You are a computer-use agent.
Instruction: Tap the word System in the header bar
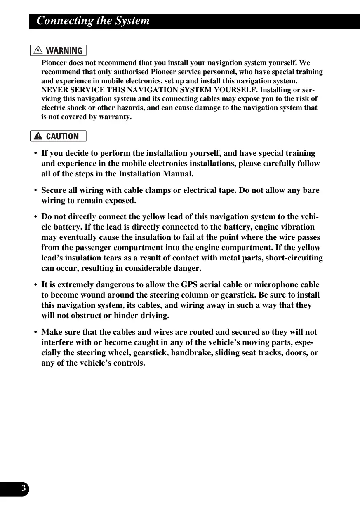pos(133,21)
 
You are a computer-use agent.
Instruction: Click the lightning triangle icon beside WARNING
pos(38,50)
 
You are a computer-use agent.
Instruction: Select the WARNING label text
pos(64,51)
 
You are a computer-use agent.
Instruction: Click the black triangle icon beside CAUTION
pos(38,136)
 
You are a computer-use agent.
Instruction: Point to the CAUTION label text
pos(62,136)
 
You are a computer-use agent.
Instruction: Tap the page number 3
pos(24,489)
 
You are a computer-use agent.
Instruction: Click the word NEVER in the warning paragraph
pos(53,90)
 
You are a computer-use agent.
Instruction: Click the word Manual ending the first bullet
pos(178,173)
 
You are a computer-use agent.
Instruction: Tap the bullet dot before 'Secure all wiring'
pos(36,191)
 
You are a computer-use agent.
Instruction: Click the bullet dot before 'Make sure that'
pos(36,332)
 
